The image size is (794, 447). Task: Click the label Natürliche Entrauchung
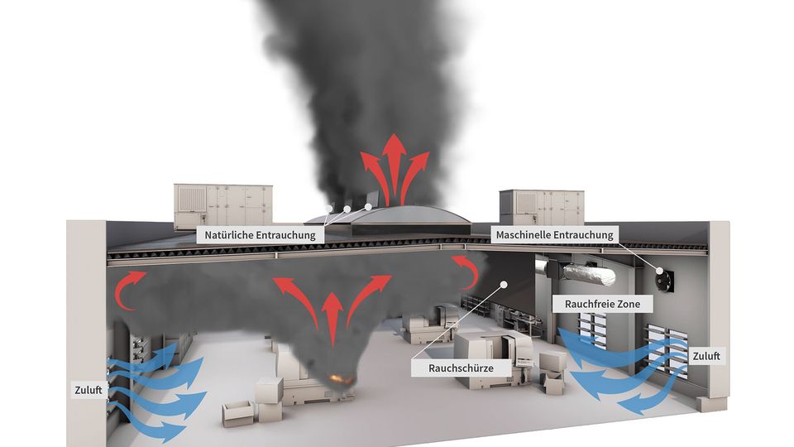click(x=260, y=235)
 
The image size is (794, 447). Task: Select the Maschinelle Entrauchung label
click(x=554, y=234)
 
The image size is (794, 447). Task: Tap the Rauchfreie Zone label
click(x=602, y=304)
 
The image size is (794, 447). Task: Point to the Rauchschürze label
click(x=461, y=368)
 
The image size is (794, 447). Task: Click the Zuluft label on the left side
click(x=88, y=390)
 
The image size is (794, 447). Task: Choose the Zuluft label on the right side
click(x=706, y=356)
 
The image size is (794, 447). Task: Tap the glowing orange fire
click(x=340, y=378)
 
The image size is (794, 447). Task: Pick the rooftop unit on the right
click(x=541, y=207)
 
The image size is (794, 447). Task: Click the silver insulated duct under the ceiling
click(x=589, y=274)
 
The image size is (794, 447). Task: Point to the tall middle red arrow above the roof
click(x=393, y=169)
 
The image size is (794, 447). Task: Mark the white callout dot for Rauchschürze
click(x=504, y=284)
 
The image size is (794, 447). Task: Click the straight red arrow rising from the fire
click(x=332, y=320)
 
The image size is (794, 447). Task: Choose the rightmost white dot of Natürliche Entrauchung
click(x=368, y=207)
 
